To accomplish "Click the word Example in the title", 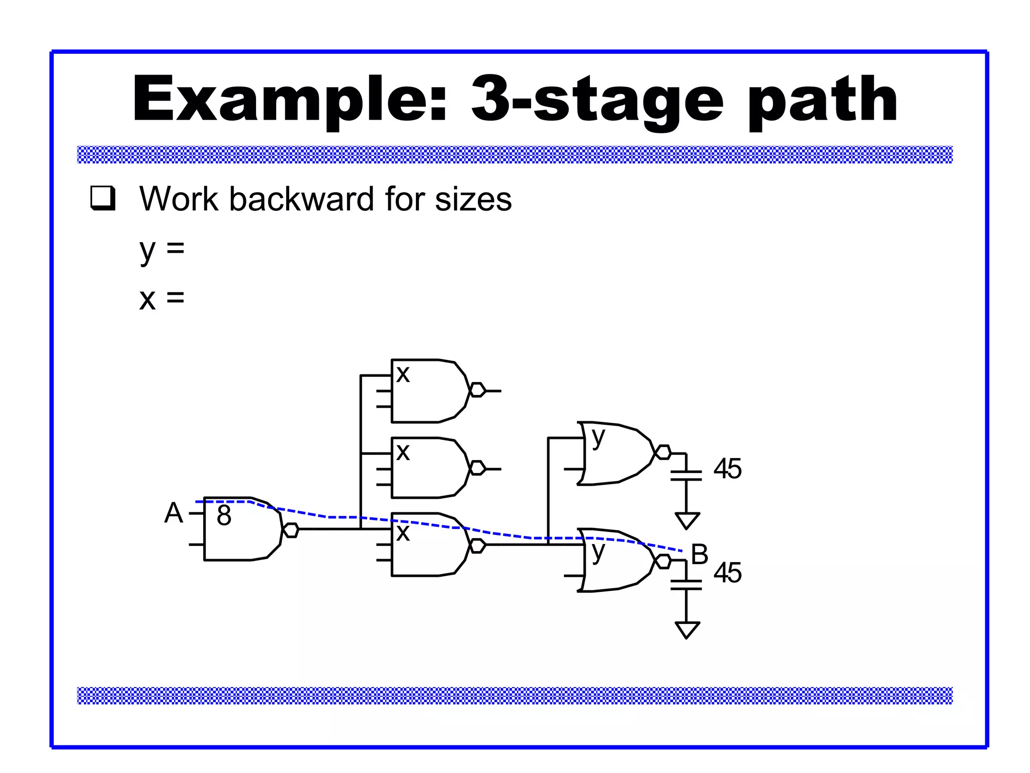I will point(289,99).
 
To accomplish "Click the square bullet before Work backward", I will point(103,198).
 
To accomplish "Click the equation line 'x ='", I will point(162,298).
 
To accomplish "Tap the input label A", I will point(174,513).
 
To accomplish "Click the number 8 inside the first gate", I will point(224,515).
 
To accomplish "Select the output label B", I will point(700,555).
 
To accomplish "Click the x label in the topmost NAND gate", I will point(403,374).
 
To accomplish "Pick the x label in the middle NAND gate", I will point(403,452).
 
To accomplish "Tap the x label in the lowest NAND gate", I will point(403,532).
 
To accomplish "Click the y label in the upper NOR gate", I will point(598,437).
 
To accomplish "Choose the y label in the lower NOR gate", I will point(598,552).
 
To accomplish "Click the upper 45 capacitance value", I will point(727,469).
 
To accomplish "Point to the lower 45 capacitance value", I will point(727,573).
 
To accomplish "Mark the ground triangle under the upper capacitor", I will point(686,520).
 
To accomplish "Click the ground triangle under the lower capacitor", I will point(686,629).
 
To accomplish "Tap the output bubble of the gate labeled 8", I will point(291,530).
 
